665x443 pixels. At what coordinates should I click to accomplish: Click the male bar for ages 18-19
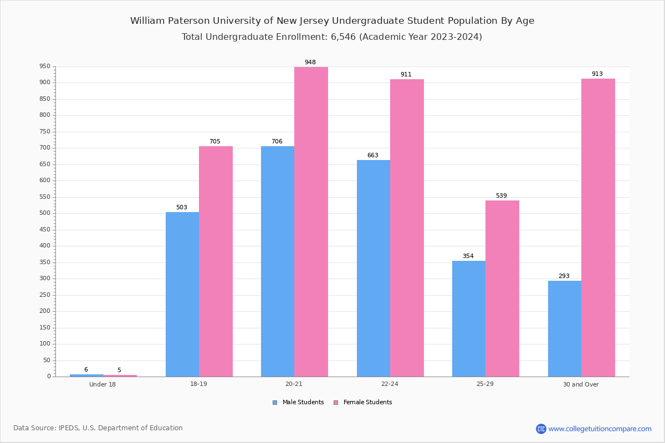182,294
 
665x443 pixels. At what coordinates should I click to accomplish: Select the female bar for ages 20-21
311,221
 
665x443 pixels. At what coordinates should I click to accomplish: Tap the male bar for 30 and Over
565,328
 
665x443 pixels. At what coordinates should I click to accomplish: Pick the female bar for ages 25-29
502,288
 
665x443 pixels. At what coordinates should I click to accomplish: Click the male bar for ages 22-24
374,268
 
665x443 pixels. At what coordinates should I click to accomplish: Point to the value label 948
310,63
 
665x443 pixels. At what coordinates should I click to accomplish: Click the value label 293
564,276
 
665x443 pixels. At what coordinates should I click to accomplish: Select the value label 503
182,208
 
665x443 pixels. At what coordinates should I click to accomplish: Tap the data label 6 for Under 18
86,370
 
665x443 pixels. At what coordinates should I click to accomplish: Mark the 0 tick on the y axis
49,377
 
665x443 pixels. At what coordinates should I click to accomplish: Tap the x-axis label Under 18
103,384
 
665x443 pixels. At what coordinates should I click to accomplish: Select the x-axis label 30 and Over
581,384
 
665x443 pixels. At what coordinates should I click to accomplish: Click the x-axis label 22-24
390,384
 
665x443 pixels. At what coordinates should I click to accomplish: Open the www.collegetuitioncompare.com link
600,429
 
